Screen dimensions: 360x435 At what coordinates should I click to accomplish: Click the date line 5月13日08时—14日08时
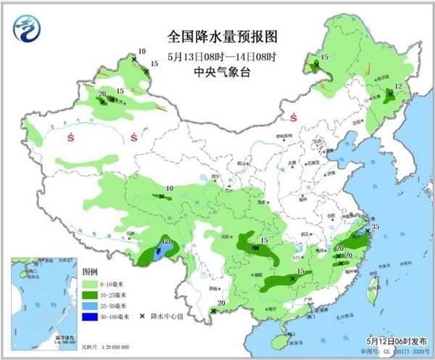tap(218, 56)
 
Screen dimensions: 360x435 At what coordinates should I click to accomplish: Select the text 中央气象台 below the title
tap(218, 72)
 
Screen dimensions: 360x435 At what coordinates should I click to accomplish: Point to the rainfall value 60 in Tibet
tap(166, 241)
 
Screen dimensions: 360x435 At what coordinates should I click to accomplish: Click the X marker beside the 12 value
tap(389, 94)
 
